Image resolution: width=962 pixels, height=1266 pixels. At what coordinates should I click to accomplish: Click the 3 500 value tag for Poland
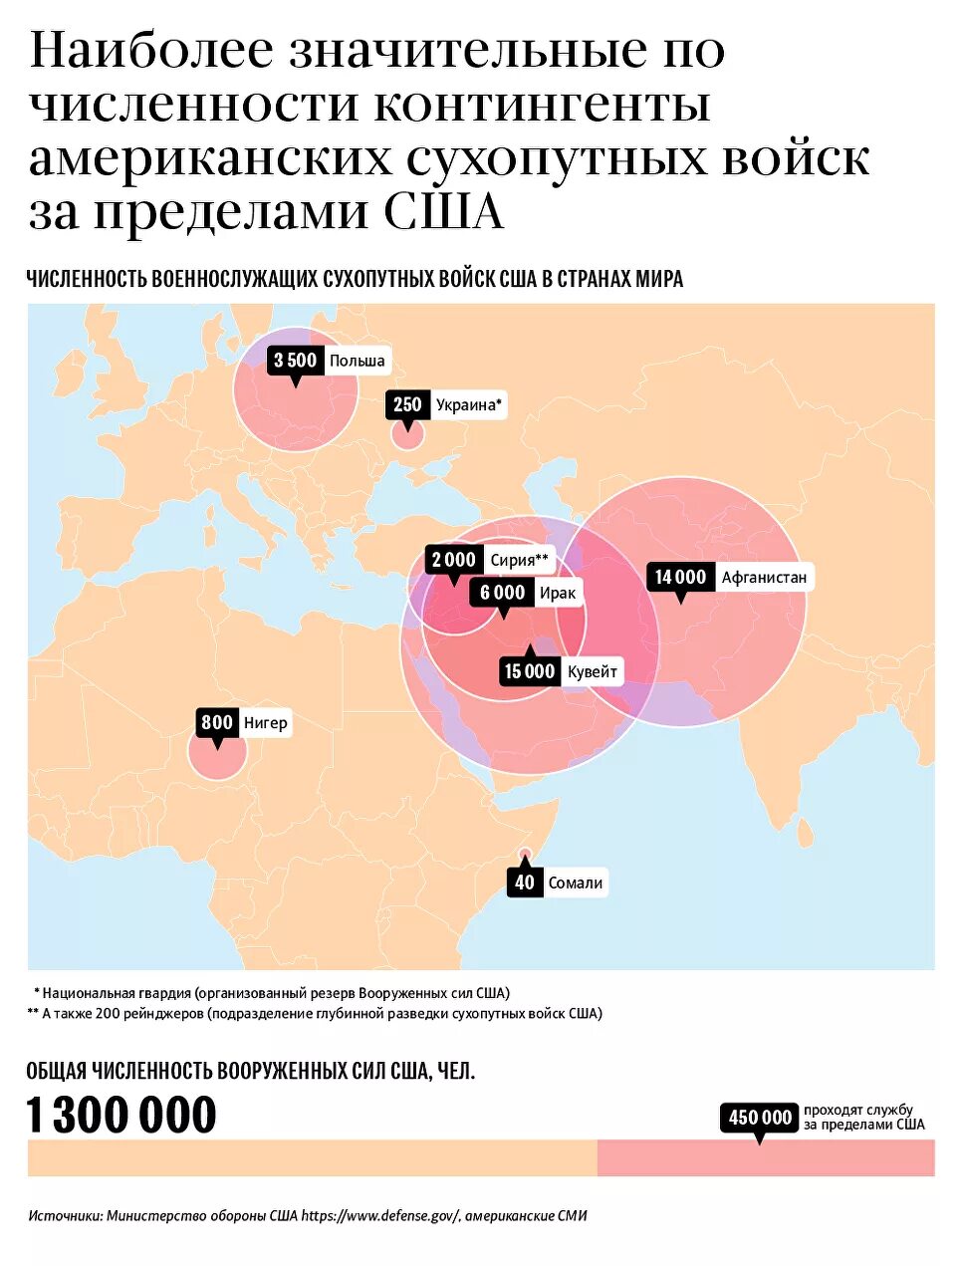(x=295, y=361)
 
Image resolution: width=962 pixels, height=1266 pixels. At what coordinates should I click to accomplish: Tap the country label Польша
(x=357, y=361)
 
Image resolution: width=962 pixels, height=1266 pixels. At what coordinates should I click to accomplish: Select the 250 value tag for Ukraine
(x=407, y=404)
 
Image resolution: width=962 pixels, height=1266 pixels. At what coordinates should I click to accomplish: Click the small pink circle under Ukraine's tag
(x=406, y=434)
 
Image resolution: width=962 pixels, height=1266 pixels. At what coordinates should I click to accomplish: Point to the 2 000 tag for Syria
(x=454, y=560)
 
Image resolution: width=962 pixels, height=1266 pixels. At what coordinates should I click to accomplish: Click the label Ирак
(x=557, y=593)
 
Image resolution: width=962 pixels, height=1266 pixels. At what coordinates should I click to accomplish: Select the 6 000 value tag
(x=502, y=593)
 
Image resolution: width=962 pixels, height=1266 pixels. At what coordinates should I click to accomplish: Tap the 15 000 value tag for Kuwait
(x=529, y=671)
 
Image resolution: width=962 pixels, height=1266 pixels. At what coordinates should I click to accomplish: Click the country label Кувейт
(x=593, y=671)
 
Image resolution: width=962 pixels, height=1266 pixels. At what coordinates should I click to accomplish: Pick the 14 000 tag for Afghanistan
(x=680, y=577)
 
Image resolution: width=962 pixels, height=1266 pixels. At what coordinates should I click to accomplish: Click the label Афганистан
(x=764, y=577)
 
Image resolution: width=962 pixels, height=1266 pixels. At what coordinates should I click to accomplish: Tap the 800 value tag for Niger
(x=216, y=722)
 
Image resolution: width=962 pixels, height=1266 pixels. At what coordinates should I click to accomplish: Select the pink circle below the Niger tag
(x=217, y=754)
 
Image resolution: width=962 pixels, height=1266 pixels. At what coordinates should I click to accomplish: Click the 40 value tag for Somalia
(x=525, y=883)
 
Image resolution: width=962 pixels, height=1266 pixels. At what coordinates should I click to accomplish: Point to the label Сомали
(x=576, y=883)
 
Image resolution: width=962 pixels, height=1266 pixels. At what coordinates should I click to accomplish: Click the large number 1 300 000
(x=120, y=1115)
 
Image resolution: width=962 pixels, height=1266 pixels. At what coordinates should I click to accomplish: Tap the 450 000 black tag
(x=760, y=1118)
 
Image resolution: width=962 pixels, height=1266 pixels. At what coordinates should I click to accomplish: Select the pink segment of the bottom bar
(x=765, y=1157)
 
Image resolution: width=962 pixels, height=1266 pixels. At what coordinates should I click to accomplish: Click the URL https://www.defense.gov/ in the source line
(x=379, y=1215)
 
